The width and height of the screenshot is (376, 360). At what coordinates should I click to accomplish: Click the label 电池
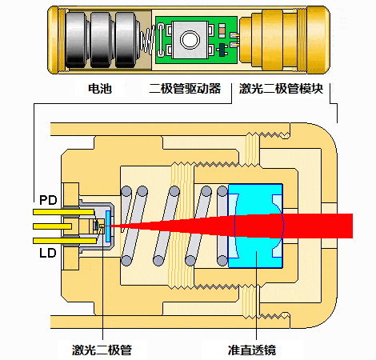click(x=100, y=89)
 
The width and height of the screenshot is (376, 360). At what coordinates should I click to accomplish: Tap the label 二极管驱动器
click(x=185, y=89)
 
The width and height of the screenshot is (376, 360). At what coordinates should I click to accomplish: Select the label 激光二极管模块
click(x=281, y=89)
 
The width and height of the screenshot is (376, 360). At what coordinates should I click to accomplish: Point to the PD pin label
click(x=48, y=200)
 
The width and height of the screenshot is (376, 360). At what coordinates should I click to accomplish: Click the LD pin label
click(x=48, y=253)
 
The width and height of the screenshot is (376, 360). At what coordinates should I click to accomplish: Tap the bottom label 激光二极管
click(x=102, y=350)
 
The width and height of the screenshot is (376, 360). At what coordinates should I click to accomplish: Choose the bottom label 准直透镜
click(x=252, y=350)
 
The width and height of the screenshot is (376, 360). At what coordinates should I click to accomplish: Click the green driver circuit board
click(x=197, y=40)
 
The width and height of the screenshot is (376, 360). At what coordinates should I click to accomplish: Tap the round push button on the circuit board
click(x=190, y=40)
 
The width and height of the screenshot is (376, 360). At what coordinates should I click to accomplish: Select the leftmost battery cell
click(x=76, y=40)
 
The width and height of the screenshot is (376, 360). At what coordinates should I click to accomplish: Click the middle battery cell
click(x=101, y=40)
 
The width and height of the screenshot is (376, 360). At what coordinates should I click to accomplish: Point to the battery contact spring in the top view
click(x=148, y=40)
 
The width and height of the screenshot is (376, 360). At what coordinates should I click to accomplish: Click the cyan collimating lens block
click(x=255, y=226)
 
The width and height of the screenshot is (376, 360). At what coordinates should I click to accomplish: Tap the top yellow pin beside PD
click(x=63, y=212)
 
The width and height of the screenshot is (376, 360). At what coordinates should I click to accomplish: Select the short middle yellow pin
click(x=52, y=226)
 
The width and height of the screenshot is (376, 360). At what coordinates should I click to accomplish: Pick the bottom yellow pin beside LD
click(x=65, y=241)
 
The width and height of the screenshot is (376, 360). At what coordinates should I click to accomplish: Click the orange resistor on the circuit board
click(x=222, y=30)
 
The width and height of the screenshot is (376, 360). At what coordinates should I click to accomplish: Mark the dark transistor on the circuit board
click(x=222, y=50)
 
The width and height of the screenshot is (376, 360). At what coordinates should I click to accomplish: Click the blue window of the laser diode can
click(x=108, y=226)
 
